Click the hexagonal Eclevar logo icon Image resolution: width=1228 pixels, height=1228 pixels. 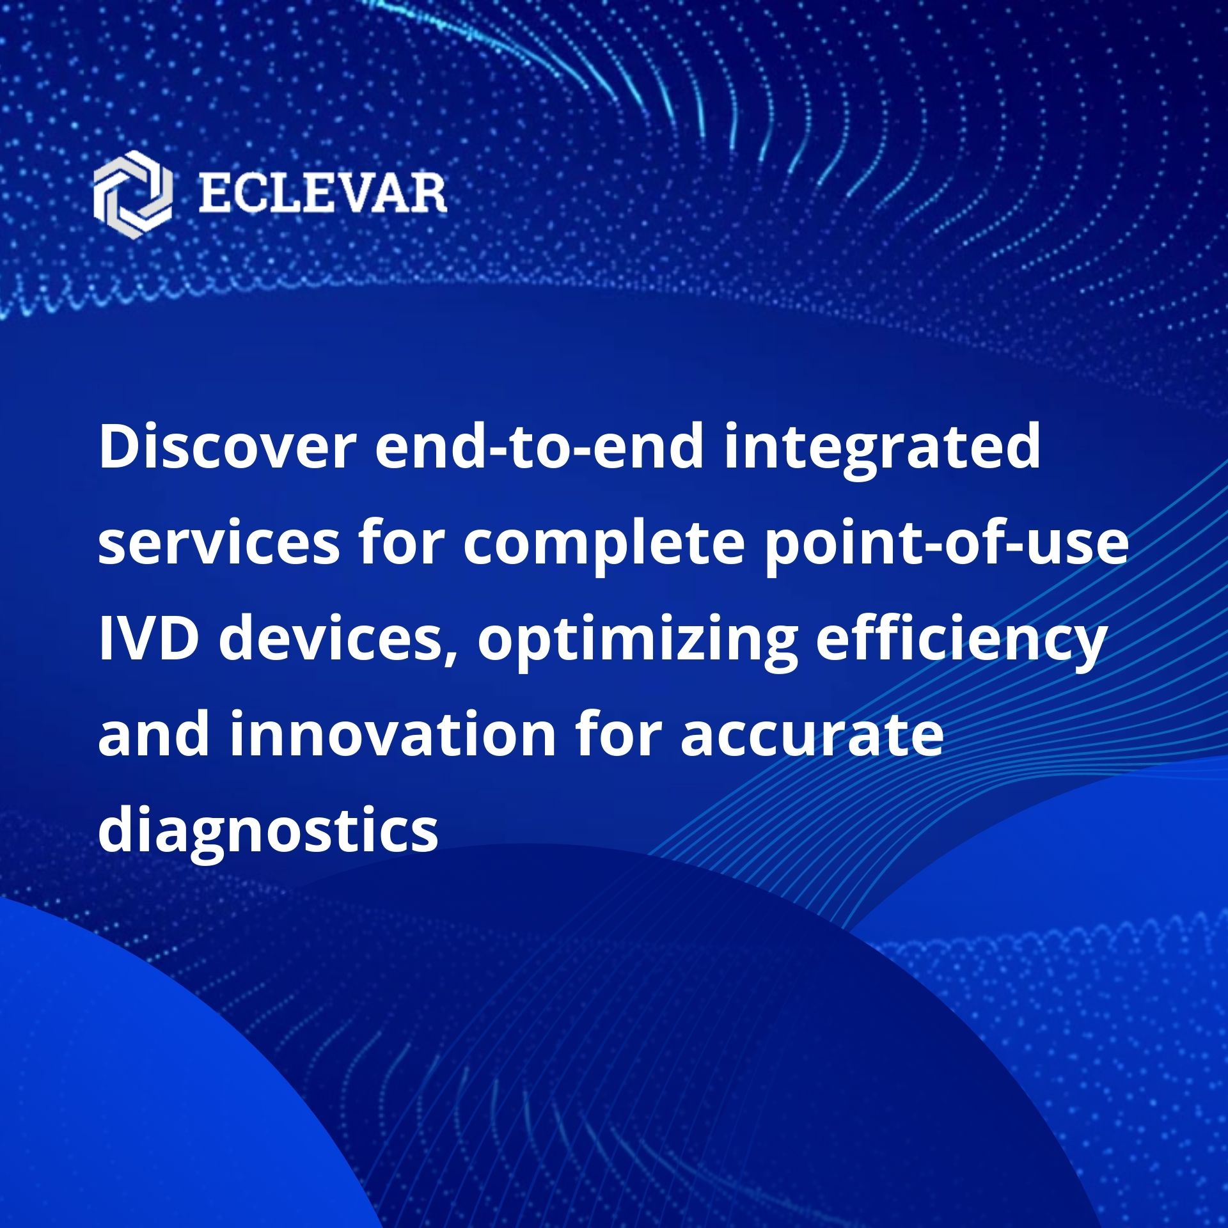[x=132, y=194]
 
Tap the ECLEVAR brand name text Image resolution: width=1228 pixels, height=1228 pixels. [x=322, y=194]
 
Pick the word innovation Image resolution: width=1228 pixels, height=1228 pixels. [x=393, y=734]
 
